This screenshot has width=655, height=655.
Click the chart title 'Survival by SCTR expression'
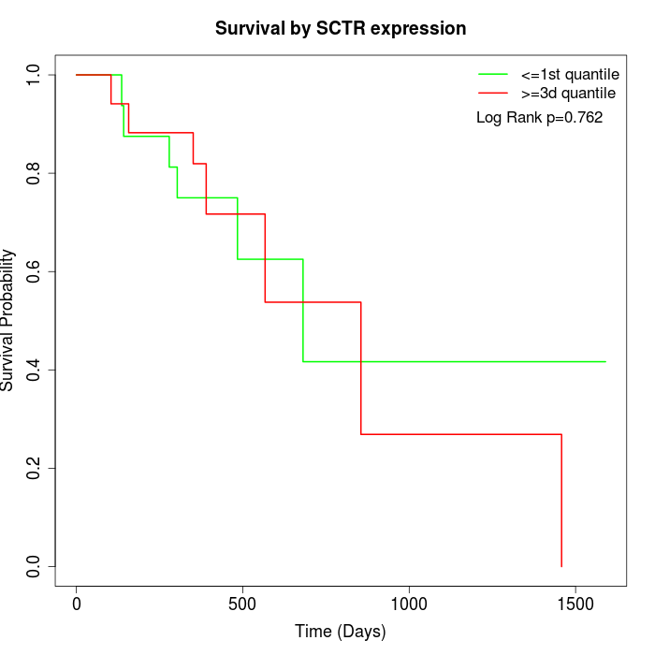(x=341, y=28)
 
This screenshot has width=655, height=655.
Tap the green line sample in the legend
(x=493, y=74)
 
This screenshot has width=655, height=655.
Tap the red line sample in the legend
(x=493, y=94)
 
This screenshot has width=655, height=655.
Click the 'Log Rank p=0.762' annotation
(x=540, y=118)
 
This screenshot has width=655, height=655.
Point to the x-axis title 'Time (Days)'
(x=341, y=632)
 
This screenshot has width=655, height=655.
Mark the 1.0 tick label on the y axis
(x=35, y=75)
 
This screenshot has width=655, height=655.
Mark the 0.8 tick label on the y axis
(x=35, y=173)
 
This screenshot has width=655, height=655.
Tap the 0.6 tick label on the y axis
(x=35, y=271)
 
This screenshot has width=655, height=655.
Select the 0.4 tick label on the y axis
(x=35, y=370)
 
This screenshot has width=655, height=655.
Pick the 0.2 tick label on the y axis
(x=35, y=468)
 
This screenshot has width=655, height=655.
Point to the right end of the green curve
(x=605, y=361)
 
